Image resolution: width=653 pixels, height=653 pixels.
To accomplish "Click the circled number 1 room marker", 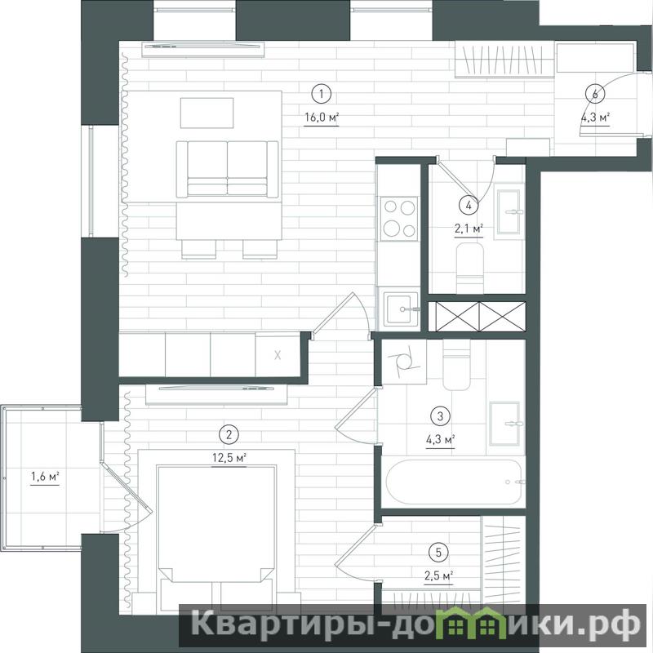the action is (321, 94).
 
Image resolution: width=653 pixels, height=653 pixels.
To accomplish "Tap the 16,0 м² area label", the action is (322, 118).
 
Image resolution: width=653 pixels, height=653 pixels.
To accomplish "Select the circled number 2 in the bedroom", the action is (229, 435).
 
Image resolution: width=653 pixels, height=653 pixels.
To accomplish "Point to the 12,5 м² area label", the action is (229, 458).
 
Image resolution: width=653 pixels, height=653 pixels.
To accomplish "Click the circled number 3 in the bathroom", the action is (440, 415).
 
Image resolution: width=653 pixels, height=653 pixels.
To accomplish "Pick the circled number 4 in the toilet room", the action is (469, 205).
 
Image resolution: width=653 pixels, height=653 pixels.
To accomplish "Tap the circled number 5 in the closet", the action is (438, 553).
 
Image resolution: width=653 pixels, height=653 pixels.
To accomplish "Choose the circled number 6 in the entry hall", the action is (595, 94).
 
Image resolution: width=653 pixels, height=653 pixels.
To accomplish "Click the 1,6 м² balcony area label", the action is (45, 476).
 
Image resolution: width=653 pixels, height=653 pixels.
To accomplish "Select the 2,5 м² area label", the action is (438, 576).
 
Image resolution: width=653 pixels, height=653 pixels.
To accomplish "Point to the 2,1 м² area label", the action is (469, 229).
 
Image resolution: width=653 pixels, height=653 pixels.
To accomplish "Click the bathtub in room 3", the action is (454, 482).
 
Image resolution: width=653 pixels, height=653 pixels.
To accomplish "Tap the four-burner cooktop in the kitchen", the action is (399, 218).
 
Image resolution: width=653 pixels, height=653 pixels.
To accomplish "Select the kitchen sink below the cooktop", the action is (399, 309).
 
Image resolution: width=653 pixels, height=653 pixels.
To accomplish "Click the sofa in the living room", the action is (228, 169).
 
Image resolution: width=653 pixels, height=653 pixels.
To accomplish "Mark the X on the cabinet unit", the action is (278, 355).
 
